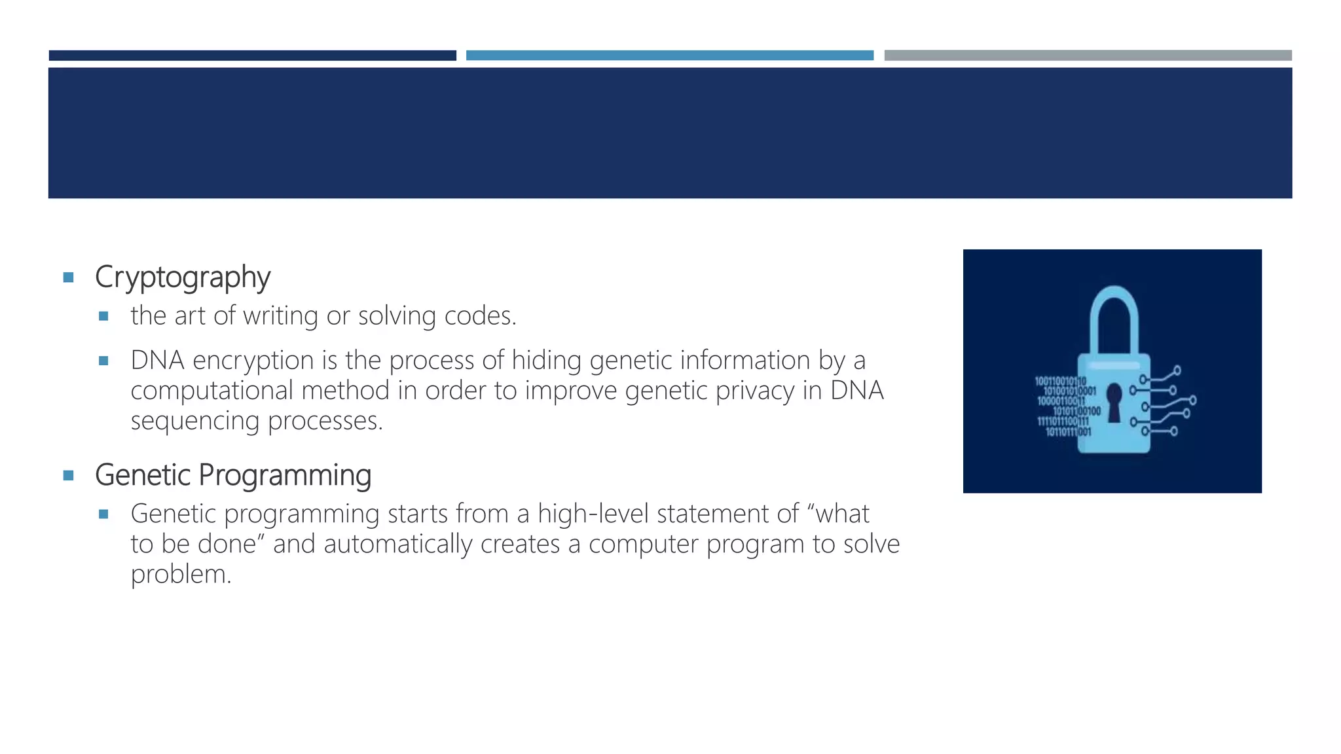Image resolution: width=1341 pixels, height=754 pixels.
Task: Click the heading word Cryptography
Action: [182, 278]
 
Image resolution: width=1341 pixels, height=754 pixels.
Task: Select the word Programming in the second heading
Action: [285, 476]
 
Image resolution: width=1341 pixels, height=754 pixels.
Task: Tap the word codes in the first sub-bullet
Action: [480, 316]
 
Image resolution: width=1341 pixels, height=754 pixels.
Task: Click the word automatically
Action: [397, 544]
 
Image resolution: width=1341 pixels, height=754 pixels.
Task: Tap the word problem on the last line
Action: [181, 575]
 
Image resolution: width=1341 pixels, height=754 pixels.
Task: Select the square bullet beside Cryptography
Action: [68, 278]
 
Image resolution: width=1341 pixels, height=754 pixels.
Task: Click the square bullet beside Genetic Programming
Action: [68, 475]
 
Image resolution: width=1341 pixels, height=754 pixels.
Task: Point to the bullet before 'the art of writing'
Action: [103, 316]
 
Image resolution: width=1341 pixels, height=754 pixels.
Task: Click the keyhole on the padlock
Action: [1114, 400]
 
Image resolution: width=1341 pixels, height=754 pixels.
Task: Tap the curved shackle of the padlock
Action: [1114, 314]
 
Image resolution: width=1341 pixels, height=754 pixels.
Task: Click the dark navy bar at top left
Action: [252, 56]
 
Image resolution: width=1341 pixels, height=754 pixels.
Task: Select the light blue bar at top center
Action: [669, 56]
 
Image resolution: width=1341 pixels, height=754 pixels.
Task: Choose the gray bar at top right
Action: [1088, 56]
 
